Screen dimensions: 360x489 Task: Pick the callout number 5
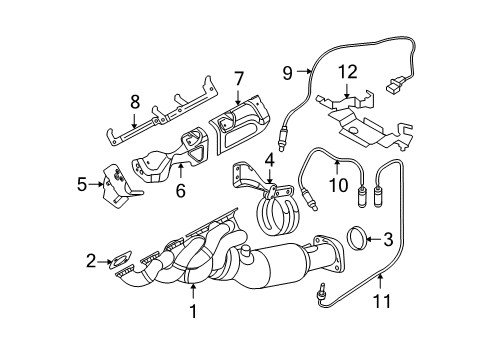(x=83, y=184)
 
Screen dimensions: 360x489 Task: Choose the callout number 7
(x=239, y=78)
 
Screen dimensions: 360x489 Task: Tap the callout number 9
(x=287, y=72)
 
